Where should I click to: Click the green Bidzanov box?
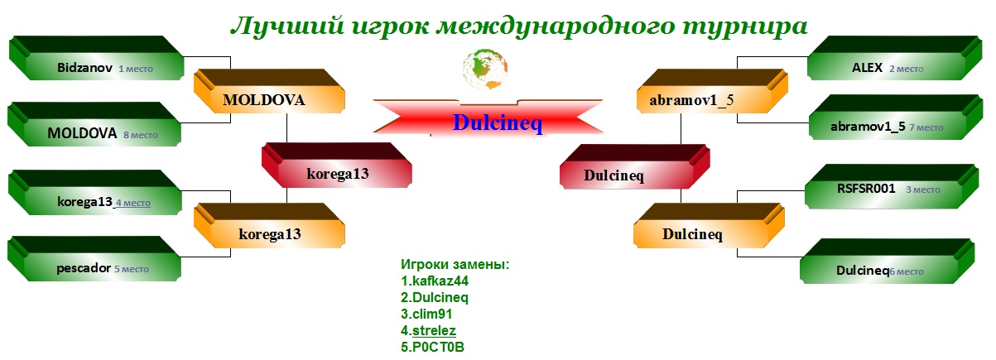coord(97,58)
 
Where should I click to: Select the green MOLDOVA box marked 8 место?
coord(94,124)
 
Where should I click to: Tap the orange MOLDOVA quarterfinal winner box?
coord(269,91)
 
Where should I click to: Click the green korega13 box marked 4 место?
coord(95,193)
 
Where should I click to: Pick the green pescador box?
coord(94,259)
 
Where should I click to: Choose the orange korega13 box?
coord(269,225)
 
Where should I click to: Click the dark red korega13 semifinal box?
coord(337,166)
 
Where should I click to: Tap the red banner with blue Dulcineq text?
coord(488,118)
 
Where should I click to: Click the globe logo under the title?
coord(485,69)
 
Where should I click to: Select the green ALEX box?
coord(895,58)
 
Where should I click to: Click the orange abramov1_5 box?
coord(712,91)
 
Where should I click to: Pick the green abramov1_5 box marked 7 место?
coord(896,118)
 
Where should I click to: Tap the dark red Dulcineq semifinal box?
coord(635,166)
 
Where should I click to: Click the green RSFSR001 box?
coord(892,187)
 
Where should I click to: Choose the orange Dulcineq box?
coord(709,225)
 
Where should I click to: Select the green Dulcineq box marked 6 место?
coord(888,262)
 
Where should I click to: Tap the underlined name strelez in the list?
coord(434,331)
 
